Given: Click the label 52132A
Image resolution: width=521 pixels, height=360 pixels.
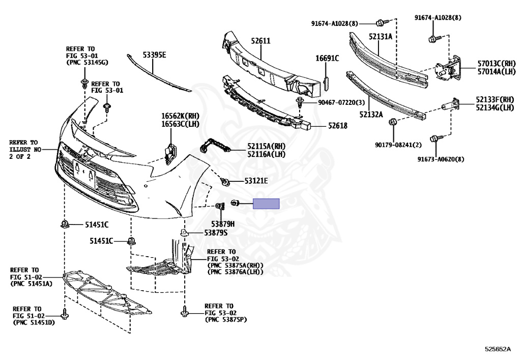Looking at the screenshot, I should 371,115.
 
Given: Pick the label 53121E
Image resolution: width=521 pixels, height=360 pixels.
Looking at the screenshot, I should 256,181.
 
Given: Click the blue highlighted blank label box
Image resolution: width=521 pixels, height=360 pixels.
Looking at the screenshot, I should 267,204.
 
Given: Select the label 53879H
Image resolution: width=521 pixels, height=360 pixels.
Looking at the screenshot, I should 223,224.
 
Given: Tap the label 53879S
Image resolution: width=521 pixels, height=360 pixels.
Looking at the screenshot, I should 216,233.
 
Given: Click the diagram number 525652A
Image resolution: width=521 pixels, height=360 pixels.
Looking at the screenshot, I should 497,349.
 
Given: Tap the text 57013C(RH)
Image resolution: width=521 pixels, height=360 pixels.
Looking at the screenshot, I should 497,64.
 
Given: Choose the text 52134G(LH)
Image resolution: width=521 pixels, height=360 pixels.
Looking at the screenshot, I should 496,107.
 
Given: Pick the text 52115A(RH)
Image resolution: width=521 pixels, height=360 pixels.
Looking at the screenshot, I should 266,146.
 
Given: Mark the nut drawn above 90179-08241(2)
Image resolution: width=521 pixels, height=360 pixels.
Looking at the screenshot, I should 393,122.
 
